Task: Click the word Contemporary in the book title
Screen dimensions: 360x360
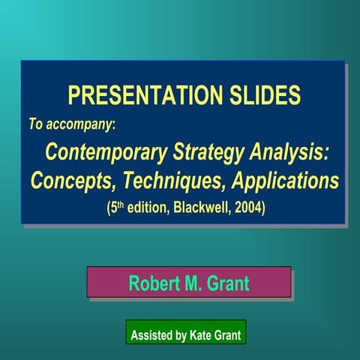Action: click(x=101, y=152)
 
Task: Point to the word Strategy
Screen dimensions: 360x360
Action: click(x=204, y=152)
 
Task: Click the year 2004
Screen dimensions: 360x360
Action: click(x=248, y=205)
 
